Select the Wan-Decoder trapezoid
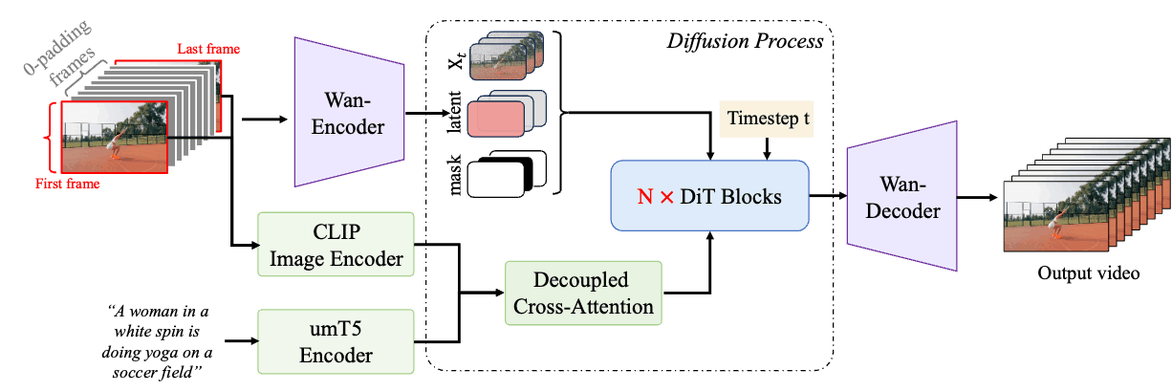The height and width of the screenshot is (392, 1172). click(x=902, y=196)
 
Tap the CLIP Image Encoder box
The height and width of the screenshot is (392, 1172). click(x=336, y=245)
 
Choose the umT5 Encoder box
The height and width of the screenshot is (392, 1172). click(x=336, y=341)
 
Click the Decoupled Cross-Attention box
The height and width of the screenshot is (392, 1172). click(x=583, y=293)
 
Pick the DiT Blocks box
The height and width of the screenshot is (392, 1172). click(x=709, y=196)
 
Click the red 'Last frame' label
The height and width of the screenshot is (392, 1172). click(x=208, y=48)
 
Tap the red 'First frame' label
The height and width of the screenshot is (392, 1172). click(x=68, y=184)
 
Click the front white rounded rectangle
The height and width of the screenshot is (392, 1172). click(x=496, y=179)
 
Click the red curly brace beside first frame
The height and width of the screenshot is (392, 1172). click(x=49, y=138)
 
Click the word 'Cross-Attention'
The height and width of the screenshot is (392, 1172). click(x=583, y=306)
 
